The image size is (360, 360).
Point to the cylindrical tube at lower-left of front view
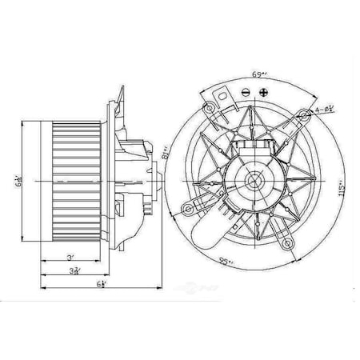[210, 230]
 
